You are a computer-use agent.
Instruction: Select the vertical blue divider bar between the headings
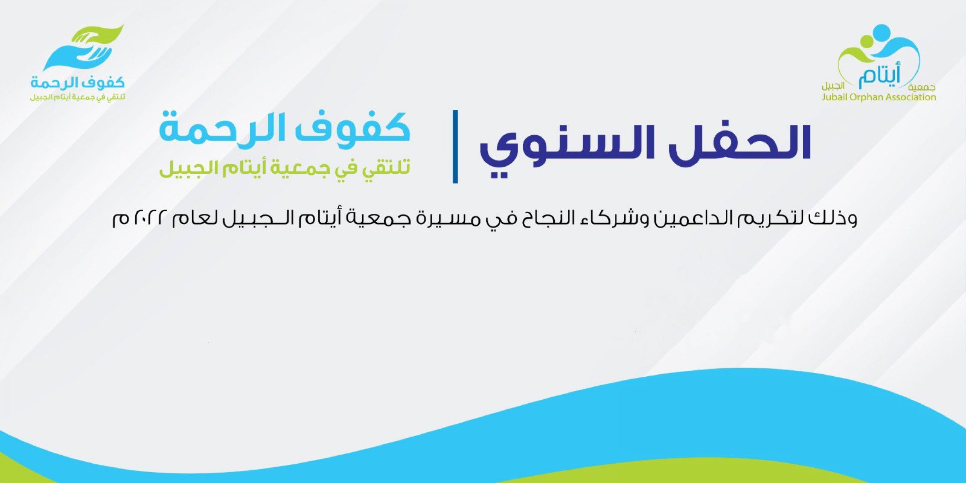tap(455, 147)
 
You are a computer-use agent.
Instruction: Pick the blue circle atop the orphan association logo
tap(882, 32)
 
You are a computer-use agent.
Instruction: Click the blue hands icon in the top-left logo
tap(76, 54)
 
